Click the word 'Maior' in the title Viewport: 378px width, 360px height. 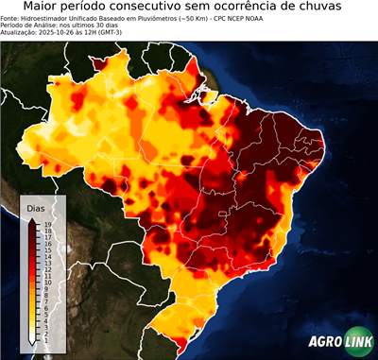pyautogui.click(x=43, y=8)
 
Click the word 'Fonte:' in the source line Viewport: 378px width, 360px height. pyautogui.click(x=11, y=18)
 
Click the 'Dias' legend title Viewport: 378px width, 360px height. pyautogui.click(x=36, y=207)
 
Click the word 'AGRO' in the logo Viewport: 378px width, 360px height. pyautogui.click(x=326, y=341)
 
